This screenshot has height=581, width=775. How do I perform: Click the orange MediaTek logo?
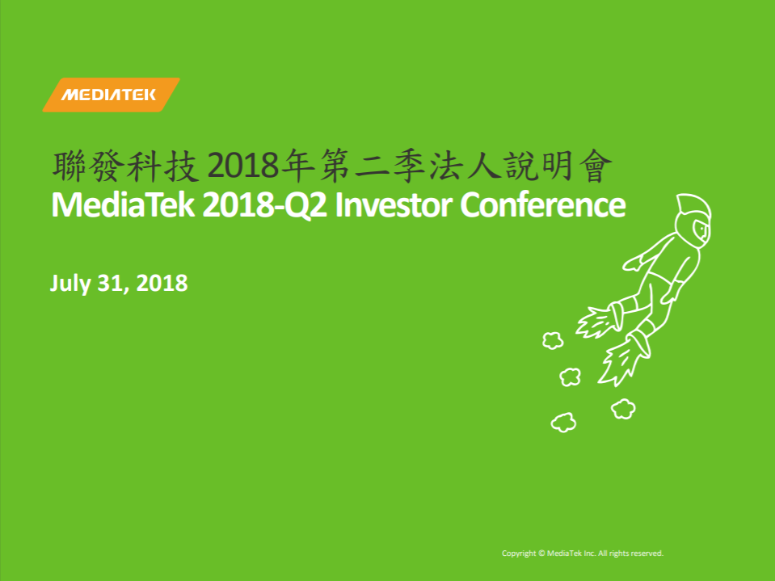click(112, 95)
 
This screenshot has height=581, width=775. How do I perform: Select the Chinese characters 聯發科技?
click(125, 166)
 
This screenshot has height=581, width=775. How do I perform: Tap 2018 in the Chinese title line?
click(243, 166)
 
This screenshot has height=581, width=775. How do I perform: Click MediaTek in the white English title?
click(123, 205)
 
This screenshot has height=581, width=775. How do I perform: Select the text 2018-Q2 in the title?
click(265, 205)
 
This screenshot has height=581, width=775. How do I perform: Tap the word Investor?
click(394, 205)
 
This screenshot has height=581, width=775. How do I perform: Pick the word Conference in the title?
click(543, 205)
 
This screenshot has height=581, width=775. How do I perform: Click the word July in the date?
click(70, 284)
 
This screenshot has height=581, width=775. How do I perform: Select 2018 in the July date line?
click(162, 283)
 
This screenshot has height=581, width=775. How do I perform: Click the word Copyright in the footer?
click(519, 554)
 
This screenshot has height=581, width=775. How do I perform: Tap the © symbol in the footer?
click(541, 554)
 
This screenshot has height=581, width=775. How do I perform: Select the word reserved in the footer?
click(647, 554)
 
